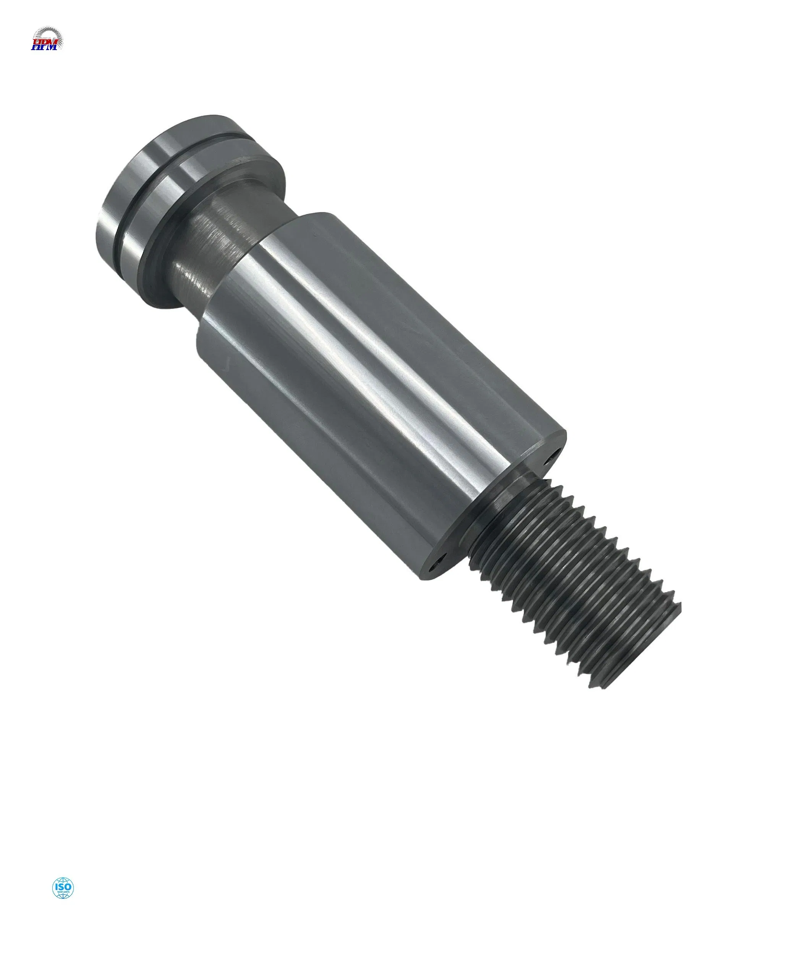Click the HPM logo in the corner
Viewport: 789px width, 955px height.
47,39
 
